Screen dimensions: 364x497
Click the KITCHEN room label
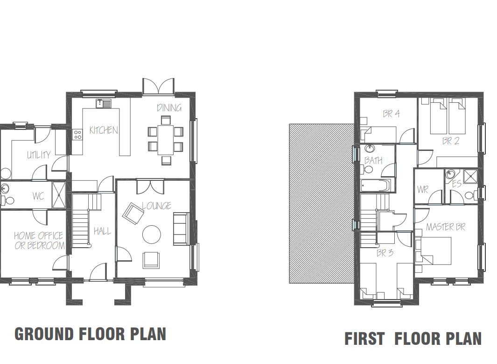pos(104,130)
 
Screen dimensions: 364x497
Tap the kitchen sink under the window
pos(104,103)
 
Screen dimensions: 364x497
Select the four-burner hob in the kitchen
pos(77,135)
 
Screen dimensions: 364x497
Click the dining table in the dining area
pos(165,140)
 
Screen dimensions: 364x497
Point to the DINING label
pos(169,107)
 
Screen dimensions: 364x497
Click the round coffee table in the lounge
pos(152,235)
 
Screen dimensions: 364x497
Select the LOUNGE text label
pos(156,206)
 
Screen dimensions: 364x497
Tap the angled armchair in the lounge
pos(133,214)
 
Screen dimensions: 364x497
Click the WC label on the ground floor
pos(38,196)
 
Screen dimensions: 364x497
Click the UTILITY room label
pos(38,155)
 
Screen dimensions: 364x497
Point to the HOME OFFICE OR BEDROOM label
pos(39,240)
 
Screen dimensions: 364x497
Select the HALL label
pos(102,231)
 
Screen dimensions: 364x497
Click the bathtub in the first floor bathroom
pos(375,186)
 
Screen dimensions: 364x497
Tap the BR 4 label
pos(391,114)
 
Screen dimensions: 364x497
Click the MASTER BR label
pos(445,227)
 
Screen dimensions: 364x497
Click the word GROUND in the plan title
pos(44,334)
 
